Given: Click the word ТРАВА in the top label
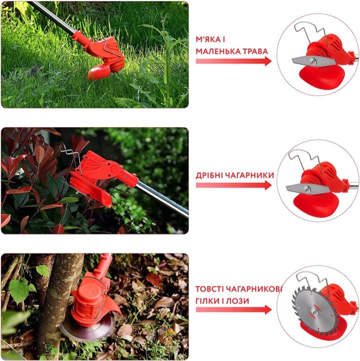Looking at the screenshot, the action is click(x=253, y=51).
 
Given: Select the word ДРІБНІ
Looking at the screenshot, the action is click(x=208, y=176).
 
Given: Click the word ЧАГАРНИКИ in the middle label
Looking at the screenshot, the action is click(x=249, y=176).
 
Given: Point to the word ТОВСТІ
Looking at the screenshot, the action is click(x=209, y=289).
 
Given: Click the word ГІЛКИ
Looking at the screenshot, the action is click(x=207, y=301).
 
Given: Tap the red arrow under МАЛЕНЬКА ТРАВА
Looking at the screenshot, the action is click(x=234, y=61).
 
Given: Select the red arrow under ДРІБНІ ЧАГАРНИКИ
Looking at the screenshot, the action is click(x=234, y=185).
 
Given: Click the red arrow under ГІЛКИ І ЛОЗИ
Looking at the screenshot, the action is click(x=234, y=310).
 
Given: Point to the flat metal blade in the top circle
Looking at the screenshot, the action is click(x=313, y=61).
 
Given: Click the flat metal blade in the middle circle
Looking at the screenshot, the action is click(x=307, y=189).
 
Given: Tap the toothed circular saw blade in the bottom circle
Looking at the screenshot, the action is click(x=314, y=312).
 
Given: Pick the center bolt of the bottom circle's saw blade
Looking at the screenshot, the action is click(x=314, y=312).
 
